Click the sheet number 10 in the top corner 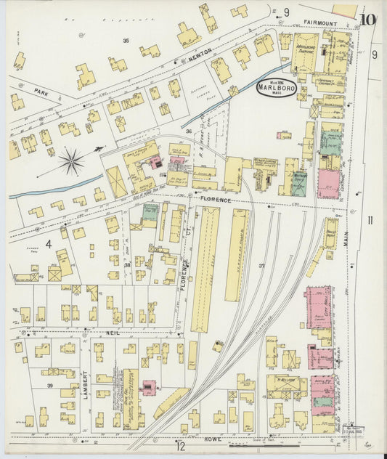coord(367,20)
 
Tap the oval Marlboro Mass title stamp coord(276,88)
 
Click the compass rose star coord(72,161)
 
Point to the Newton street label coord(200,52)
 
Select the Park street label coord(41,92)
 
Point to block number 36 coord(188,131)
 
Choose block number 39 coord(50,385)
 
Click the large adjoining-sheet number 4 coord(49,244)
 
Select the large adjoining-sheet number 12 coord(180,447)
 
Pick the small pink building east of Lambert coord(149,387)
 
